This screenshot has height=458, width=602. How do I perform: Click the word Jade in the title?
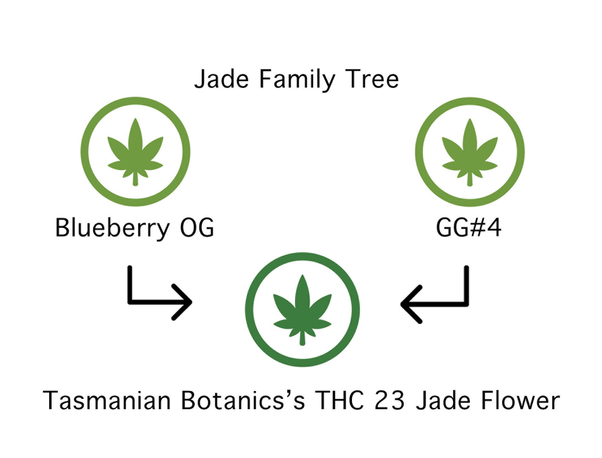tap(222, 80)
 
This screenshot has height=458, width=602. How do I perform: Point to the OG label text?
tap(197, 228)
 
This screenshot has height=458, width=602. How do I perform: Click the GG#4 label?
tap(469, 228)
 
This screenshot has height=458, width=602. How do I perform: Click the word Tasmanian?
tap(107, 400)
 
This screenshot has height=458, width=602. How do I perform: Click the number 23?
tap(389, 400)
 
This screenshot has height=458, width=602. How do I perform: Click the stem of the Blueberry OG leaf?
tap(135, 179)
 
